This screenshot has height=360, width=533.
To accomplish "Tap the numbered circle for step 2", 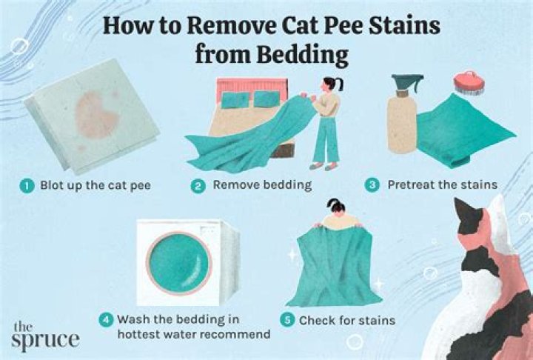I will [x=198, y=186].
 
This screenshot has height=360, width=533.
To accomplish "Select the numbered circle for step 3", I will [x=373, y=186].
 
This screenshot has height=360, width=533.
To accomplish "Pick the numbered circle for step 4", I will [x=107, y=321].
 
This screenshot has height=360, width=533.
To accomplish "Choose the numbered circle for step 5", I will [x=286, y=321].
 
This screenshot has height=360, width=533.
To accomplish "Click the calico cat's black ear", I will [x=469, y=213].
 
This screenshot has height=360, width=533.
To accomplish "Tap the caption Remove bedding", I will [x=252, y=186].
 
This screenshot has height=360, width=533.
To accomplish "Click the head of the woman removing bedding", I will [x=329, y=86].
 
